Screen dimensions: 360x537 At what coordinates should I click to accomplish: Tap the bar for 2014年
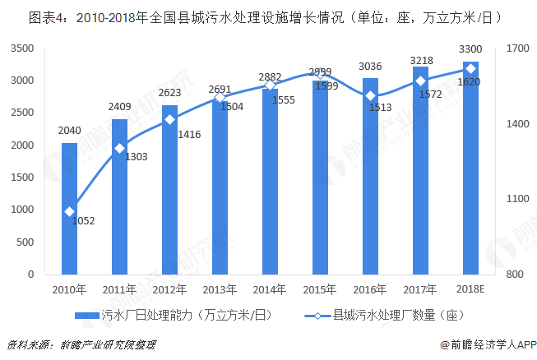(x=270, y=182)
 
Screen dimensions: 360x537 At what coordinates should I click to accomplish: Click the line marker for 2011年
(x=119, y=149)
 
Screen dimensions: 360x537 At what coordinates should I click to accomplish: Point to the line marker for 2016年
(x=370, y=96)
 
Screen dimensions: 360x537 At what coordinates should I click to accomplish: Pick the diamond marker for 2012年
(x=169, y=120)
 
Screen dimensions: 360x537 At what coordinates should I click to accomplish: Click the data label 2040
(x=69, y=131)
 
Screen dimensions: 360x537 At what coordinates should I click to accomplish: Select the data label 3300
(x=470, y=49)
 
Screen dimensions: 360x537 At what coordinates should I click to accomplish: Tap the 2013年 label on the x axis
(x=220, y=289)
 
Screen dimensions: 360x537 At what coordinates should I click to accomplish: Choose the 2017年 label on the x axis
(x=420, y=289)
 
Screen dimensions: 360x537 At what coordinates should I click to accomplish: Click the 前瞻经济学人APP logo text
(x=487, y=345)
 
